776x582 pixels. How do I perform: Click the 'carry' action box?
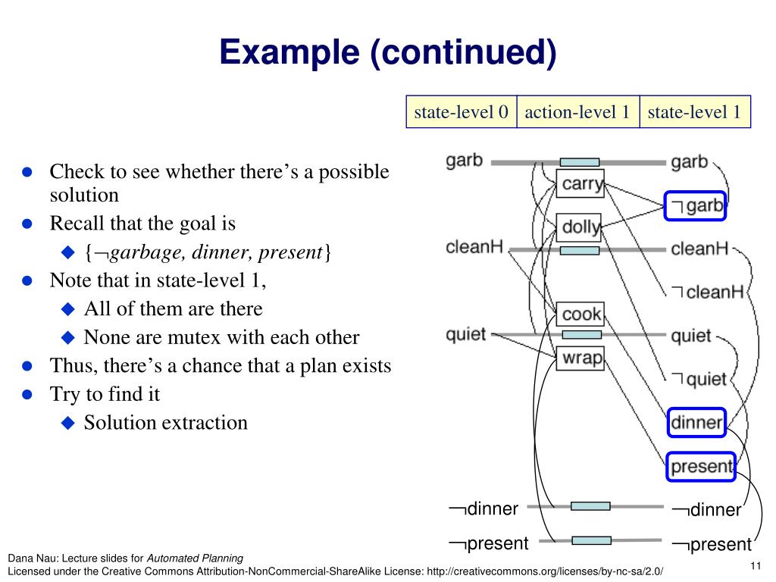pos(580,183)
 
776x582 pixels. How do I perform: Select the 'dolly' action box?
pos(580,226)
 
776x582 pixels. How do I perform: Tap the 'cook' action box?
pos(581,313)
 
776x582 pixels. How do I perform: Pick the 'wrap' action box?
pos(581,357)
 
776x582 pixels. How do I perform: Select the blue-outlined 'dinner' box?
pos(696,422)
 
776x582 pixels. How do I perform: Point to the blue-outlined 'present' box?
pos(701,466)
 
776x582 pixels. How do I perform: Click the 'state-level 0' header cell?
pos(461,112)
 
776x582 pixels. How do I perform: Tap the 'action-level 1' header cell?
pos(577,112)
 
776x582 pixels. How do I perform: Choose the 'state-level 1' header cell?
pos(694,112)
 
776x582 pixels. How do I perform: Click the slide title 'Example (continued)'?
pos(387,52)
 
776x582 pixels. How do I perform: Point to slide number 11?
pos(754,565)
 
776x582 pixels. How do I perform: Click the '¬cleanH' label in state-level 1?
pos(707,292)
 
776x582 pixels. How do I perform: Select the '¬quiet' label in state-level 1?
pos(699,379)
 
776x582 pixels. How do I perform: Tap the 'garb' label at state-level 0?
pos(464,161)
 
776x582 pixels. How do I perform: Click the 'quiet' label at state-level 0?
pos(465,334)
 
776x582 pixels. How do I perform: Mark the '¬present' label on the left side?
pos(488,543)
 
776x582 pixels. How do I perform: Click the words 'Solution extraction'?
pos(165,422)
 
